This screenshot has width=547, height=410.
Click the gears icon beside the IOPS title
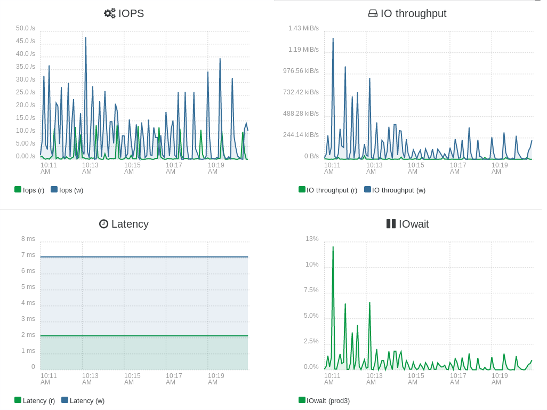pyautogui.click(x=109, y=13)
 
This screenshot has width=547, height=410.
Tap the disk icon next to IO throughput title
pyautogui.click(x=373, y=14)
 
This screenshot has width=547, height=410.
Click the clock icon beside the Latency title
pyautogui.click(x=103, y=224)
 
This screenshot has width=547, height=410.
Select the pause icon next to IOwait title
pyautogui.click(x=391, y=224)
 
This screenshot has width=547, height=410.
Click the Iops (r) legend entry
pyautogui.click(x=29, y=190)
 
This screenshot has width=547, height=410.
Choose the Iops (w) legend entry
pyautogui.click(x=67, y=190)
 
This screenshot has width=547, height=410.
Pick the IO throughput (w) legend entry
pyautogui.click(x=395, y=190)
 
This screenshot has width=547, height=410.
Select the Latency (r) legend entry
pyautogui.click(x=35, y=400)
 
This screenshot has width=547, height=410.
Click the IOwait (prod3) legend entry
pyautogui.click(x=324, y=400)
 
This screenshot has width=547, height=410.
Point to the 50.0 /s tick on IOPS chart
pyautogui.click(x=26, y=28)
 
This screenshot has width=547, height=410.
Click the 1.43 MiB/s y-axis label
pyautogui.click(x=303, y=28)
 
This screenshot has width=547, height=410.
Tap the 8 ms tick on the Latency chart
pyautogui.click(x=28, y=239)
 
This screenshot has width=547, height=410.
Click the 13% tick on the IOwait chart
pyautogui.click(x=312, y=239)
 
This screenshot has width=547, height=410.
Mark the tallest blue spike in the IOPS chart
pyautogui.click(x=86, y=38)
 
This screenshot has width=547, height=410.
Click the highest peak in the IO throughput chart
pyautogui.click(x=333, y=38)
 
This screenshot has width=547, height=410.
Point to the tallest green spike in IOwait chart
pyautogui.click(x=333, y=247)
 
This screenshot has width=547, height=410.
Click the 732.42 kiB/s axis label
pyautogui.click(x=301, y=92)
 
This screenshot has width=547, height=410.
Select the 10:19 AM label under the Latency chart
pyautogui.click(x=216, y=379)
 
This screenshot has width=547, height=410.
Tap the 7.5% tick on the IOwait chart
pyautogui.click(x=311, y=290)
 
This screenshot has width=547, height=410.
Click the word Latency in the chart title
pyautogui.click(x=130, y=224)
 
